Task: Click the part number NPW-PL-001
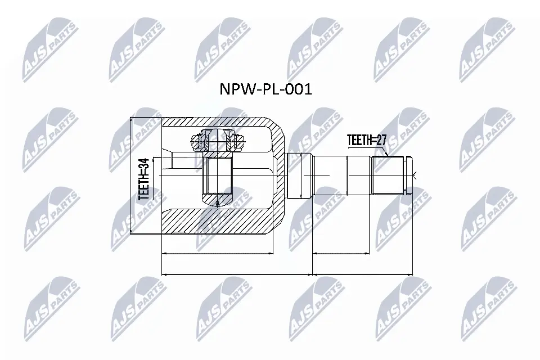266,89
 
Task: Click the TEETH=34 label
143,179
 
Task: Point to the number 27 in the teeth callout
381,140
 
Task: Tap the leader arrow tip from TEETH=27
389,156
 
